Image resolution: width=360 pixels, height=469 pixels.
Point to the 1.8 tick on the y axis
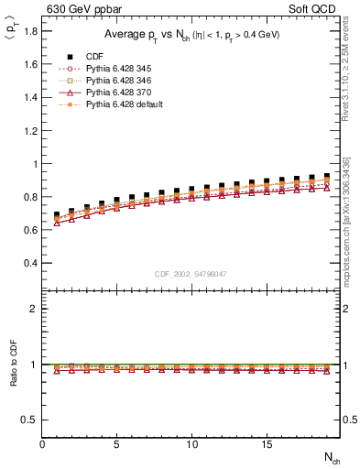click(30, 32)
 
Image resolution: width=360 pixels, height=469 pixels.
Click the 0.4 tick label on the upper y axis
click(30, 263)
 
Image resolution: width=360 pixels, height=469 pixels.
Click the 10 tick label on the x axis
click(191, 444)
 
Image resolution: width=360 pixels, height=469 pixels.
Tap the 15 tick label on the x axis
click(266, 444)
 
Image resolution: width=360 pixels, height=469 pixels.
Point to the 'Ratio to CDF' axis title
click(12, 377)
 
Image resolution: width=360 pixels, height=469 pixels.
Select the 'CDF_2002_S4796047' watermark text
click(191, 274)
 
